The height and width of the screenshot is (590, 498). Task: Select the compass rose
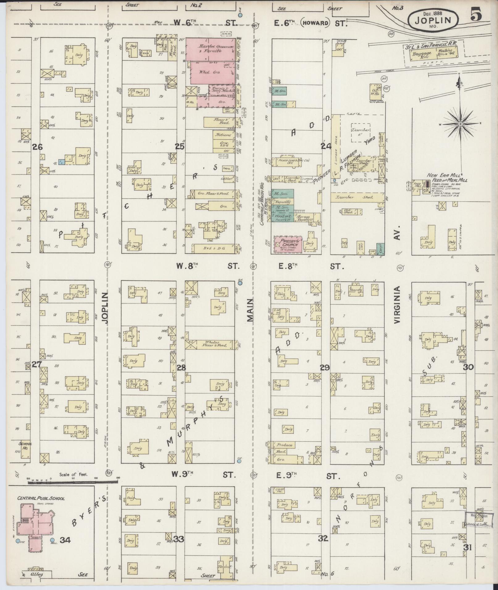pyautogui.click(x=460, y=124)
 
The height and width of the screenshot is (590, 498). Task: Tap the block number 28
pyautogui.click(x=182, y=367)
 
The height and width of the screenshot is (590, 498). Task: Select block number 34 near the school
pyautogui.click(x=65, y=540)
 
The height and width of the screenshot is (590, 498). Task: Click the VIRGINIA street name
pyautogui.click(x=397, y=304)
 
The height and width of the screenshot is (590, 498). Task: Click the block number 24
pyautogui.click(x=325, y=146)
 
